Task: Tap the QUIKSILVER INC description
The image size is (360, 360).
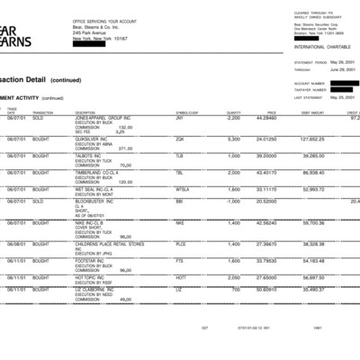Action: click(93, 139)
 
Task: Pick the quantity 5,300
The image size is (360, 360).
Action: click(232, 139)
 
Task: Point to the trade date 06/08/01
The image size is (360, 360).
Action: click(16, 243)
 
